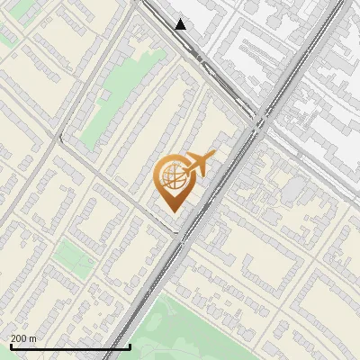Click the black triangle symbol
click(x=181, y=24)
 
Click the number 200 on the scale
click(x=20, y=338)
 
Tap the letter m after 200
click(x=33, y=338)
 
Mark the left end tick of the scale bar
click(x=10, y=346)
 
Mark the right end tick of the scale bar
click(x=130, y=346)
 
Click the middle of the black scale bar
click(x=70, y=347)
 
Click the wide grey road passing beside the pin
click(x=211, y=207)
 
